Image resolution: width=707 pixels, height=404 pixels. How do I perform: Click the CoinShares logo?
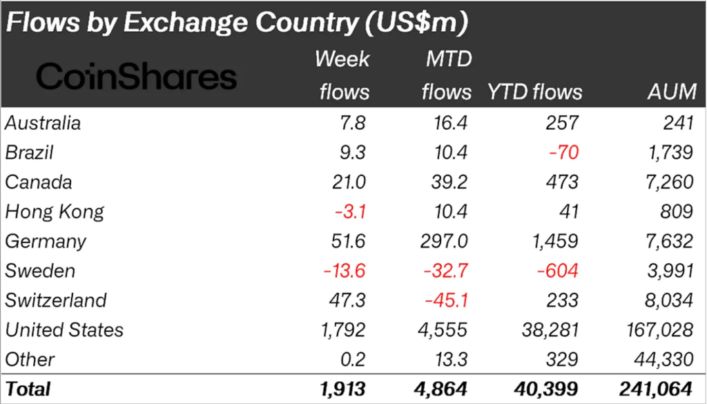click(x=136, y=77)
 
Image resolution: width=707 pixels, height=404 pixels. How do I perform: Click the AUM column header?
click(x=669, y=92)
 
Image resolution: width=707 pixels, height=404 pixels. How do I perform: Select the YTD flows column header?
click(x=535, y=92)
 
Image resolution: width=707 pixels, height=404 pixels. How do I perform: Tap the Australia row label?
click(x=43, y=124)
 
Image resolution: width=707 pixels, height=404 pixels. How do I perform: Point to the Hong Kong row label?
click(x=55, y=212)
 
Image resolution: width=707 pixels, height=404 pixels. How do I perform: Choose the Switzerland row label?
click(x=56, y=300)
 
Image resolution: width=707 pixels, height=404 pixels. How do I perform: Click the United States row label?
click(x=64, y=330)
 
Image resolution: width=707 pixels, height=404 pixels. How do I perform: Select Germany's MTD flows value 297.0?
click(x=447, y=242)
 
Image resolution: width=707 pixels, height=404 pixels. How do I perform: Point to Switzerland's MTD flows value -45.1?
click(x=448, y=300)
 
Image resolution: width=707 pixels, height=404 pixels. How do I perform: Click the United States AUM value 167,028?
click(x=657, y=330)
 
